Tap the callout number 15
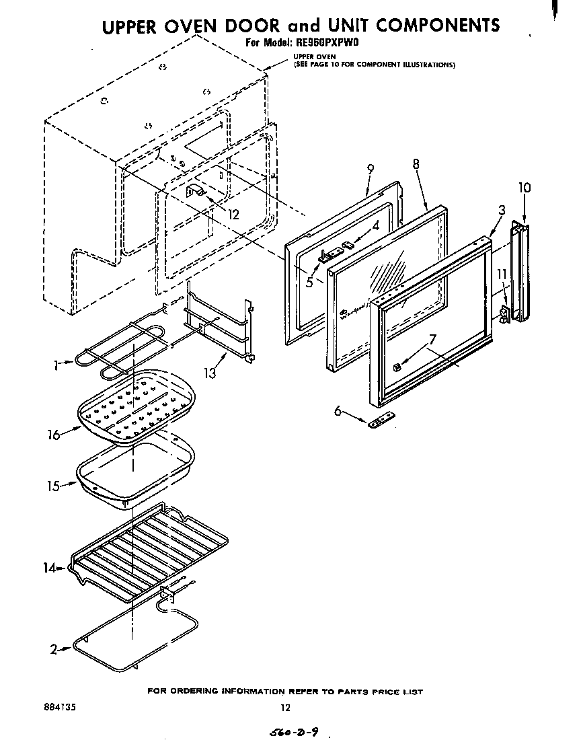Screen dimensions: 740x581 53,486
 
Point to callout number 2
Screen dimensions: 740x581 53,649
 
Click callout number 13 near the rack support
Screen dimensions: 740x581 210,372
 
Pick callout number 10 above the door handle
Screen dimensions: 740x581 525,188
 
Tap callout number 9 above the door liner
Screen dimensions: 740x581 371,170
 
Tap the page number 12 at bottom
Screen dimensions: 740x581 285,707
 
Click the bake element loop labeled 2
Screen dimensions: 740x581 134,639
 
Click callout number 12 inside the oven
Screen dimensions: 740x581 233,215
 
